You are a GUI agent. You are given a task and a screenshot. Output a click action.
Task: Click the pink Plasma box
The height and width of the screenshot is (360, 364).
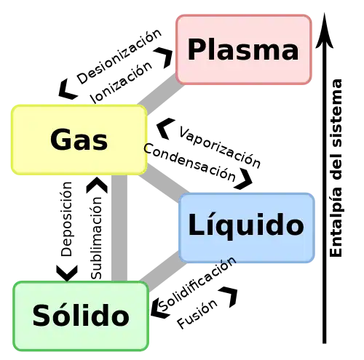tap(244, 49)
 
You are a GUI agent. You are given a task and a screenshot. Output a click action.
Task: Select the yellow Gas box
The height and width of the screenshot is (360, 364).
tap(79, 140)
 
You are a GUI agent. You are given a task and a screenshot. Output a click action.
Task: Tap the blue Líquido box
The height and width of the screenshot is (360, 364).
tap(247, 228)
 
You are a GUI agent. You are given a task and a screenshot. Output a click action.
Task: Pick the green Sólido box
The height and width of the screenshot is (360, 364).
tap(81, 316)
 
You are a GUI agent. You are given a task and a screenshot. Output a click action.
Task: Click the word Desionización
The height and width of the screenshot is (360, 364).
tap(119, 57)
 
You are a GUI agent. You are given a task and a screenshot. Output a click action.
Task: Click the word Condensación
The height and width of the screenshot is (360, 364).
tap(189, 162)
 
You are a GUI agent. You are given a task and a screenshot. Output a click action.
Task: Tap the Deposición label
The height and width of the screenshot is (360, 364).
tap(66, 219)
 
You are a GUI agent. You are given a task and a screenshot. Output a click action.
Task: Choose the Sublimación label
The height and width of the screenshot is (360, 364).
tap(96, 238)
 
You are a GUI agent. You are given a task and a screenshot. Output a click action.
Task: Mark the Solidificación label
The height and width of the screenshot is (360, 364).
tap(197, 284)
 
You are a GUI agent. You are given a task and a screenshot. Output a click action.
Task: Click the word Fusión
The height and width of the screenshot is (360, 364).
tap(197, 313)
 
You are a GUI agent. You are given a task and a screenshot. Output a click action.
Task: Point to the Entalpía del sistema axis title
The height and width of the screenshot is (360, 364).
tap(336, 168)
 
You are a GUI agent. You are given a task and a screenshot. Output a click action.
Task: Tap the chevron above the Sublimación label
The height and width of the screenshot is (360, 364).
tap(97, 185)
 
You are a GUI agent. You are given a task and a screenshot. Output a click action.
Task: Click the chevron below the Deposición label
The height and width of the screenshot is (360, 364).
tap(67, 273)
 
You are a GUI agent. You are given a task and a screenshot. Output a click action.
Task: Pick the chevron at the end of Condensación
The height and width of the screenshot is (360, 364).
tap(244, 179)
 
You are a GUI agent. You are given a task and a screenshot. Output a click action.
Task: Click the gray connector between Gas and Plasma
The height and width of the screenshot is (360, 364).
tap(161, 94)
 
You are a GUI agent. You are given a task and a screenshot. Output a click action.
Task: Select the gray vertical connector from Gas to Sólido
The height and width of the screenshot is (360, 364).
tap(119, 228)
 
